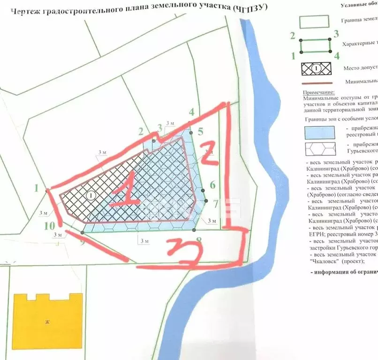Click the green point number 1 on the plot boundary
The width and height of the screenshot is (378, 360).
[x=36, y=189]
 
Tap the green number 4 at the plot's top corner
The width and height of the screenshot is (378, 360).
[x=191, y=112]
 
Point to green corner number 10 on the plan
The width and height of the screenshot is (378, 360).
[x=49, y=225]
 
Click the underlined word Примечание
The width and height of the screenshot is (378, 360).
[x=318, y=93]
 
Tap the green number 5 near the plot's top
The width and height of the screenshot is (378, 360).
[x=200, y=132]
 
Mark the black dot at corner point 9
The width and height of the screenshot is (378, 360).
[x=83, y=232]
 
